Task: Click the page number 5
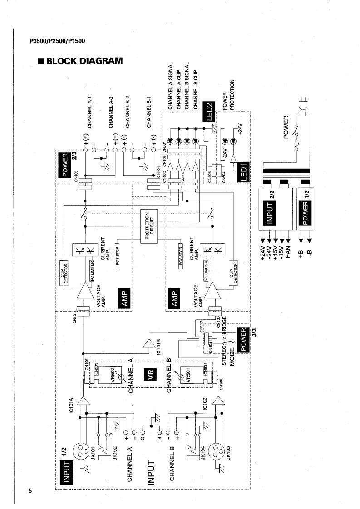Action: [x=30, y=486]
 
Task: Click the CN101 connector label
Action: [x=75, y=312]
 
